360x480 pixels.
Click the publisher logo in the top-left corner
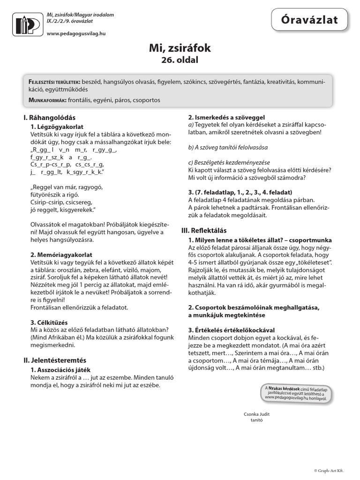[27, 24]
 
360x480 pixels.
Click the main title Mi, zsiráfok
[180, 48]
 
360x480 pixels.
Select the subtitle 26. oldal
[180, 60]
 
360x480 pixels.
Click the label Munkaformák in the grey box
[47, 100]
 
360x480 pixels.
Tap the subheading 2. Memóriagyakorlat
[61, 255]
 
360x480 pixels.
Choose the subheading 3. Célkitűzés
[49, 323]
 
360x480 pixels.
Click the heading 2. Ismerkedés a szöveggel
[226, 117]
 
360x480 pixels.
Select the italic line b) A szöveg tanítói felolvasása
[227, 147]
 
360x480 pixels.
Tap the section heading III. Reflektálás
[204, 230]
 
